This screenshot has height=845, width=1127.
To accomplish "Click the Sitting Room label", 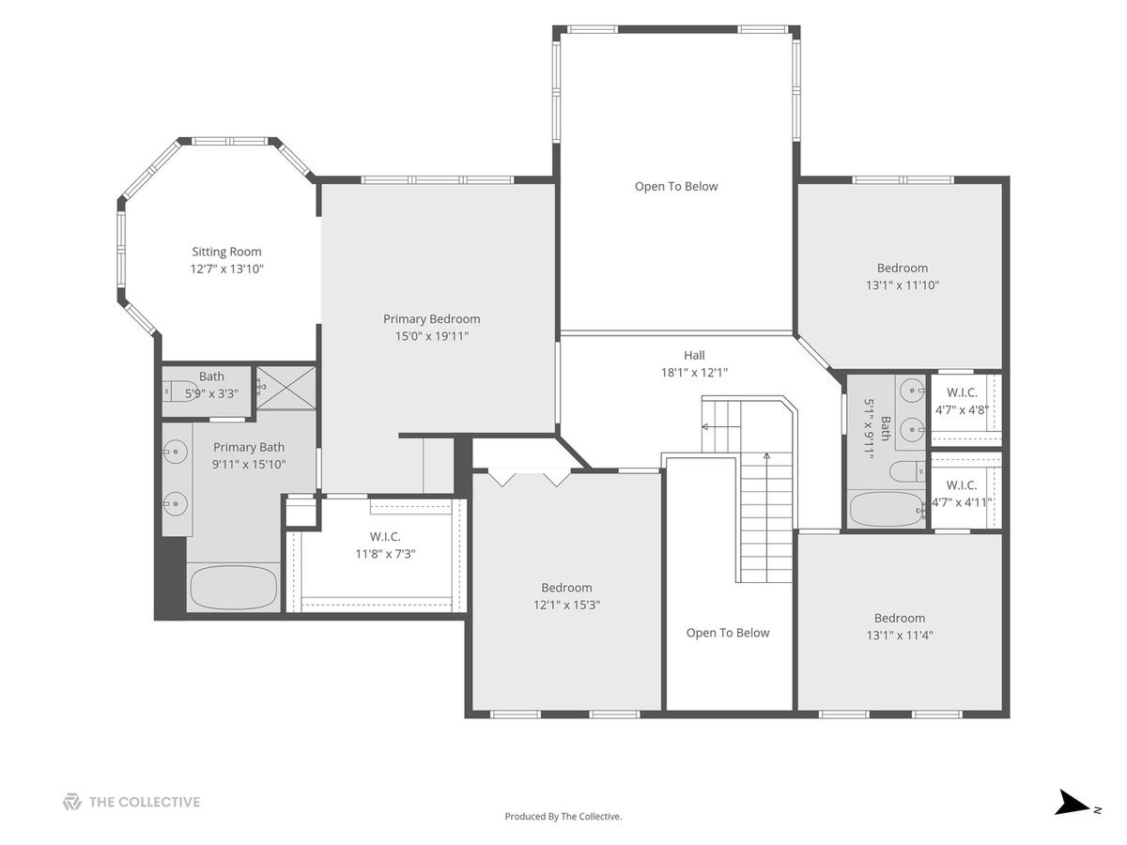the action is click(226, 252).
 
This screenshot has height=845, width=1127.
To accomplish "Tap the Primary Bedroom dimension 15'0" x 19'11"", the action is click(431, 336).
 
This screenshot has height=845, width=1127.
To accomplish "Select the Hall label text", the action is click(694, 355).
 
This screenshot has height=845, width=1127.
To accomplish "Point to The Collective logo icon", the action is click(72, 802).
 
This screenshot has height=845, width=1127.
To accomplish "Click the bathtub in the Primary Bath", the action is click(234, 587).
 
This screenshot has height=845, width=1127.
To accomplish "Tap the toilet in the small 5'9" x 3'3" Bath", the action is click(180, 392).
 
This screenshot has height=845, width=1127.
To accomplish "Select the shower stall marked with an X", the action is click(286, 388).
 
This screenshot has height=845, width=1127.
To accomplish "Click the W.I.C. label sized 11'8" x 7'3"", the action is click(385, 537).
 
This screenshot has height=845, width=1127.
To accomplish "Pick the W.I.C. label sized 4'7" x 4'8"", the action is click(962, 393).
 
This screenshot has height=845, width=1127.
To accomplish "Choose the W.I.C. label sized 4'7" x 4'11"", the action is click(961, 485).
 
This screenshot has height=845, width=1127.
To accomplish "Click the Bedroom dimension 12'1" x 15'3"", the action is click(566, 605).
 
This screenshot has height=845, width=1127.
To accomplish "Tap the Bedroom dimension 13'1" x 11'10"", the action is click(903, 285).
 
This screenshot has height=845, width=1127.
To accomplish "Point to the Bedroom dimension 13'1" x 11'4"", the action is click(900, 636).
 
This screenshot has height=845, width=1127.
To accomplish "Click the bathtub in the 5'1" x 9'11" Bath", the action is click(887, 509).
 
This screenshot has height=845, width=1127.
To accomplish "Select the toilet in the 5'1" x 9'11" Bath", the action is click(907, 471).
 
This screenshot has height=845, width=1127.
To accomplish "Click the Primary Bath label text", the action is click(249, 448).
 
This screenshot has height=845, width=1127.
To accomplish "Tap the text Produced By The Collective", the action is click(563, 816).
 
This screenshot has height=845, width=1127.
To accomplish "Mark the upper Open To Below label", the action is click(676, 187).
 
